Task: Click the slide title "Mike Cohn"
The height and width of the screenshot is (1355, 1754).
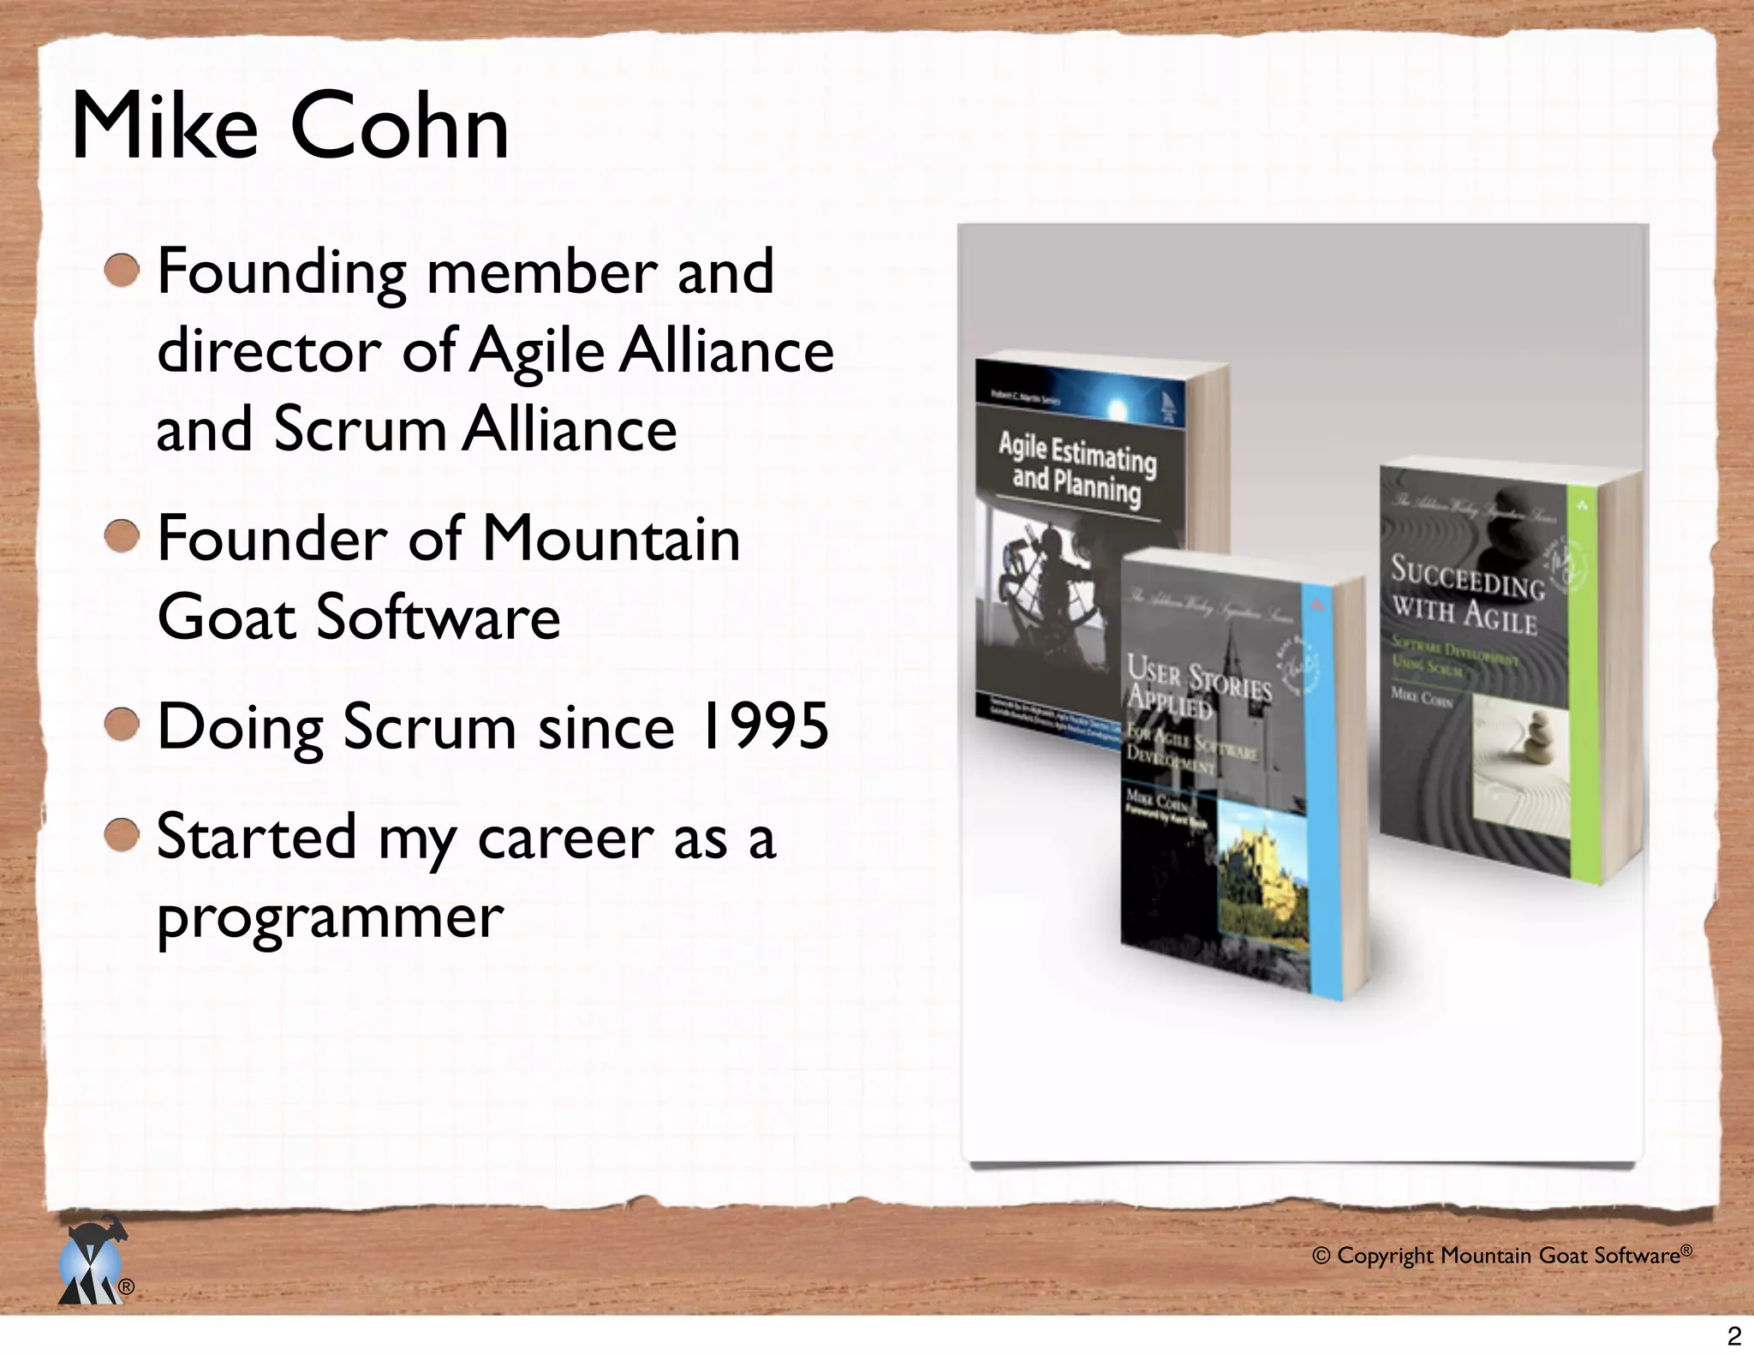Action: click(x=290, y=127)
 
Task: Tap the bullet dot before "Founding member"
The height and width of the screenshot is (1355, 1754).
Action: click(x=122, y=271)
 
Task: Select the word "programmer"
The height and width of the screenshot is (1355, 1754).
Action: click(x=330, y=916)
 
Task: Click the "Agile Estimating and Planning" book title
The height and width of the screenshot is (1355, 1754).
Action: click(x=1077, y=469)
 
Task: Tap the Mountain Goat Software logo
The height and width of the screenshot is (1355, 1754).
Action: click(x=92, y=1261)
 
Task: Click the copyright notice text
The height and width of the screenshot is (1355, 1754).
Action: click(x=1501, y=1256)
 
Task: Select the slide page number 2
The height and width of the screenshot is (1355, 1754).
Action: click(x=1734, y=1336)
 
